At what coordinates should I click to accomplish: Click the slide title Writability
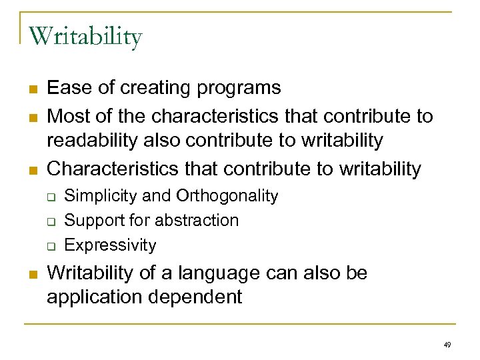(85, 37)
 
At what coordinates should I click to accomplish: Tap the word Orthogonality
(227, 196)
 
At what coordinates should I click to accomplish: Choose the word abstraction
(200, 220)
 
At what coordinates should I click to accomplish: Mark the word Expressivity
(110, 245)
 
